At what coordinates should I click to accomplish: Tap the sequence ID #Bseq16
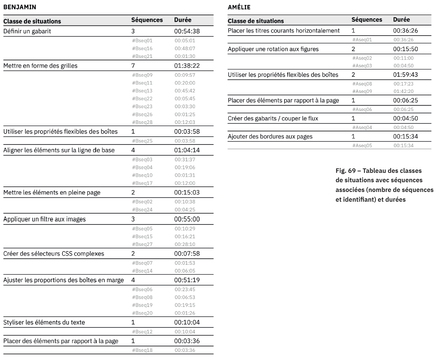click(142, 48)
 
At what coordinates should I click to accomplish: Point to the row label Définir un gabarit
click(27, 31)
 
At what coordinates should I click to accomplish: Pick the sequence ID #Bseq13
click(142, 91)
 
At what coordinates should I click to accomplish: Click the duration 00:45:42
click(185, 91)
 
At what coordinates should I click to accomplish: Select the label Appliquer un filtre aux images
click(45, 219)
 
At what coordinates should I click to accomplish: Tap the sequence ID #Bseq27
click(142, 244)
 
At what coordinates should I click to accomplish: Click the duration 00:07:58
click(187, 254)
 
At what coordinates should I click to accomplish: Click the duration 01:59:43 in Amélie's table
click(405, 75)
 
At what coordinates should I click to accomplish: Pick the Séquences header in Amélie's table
click(367, 20)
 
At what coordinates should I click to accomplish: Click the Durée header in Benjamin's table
click(183, 20)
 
